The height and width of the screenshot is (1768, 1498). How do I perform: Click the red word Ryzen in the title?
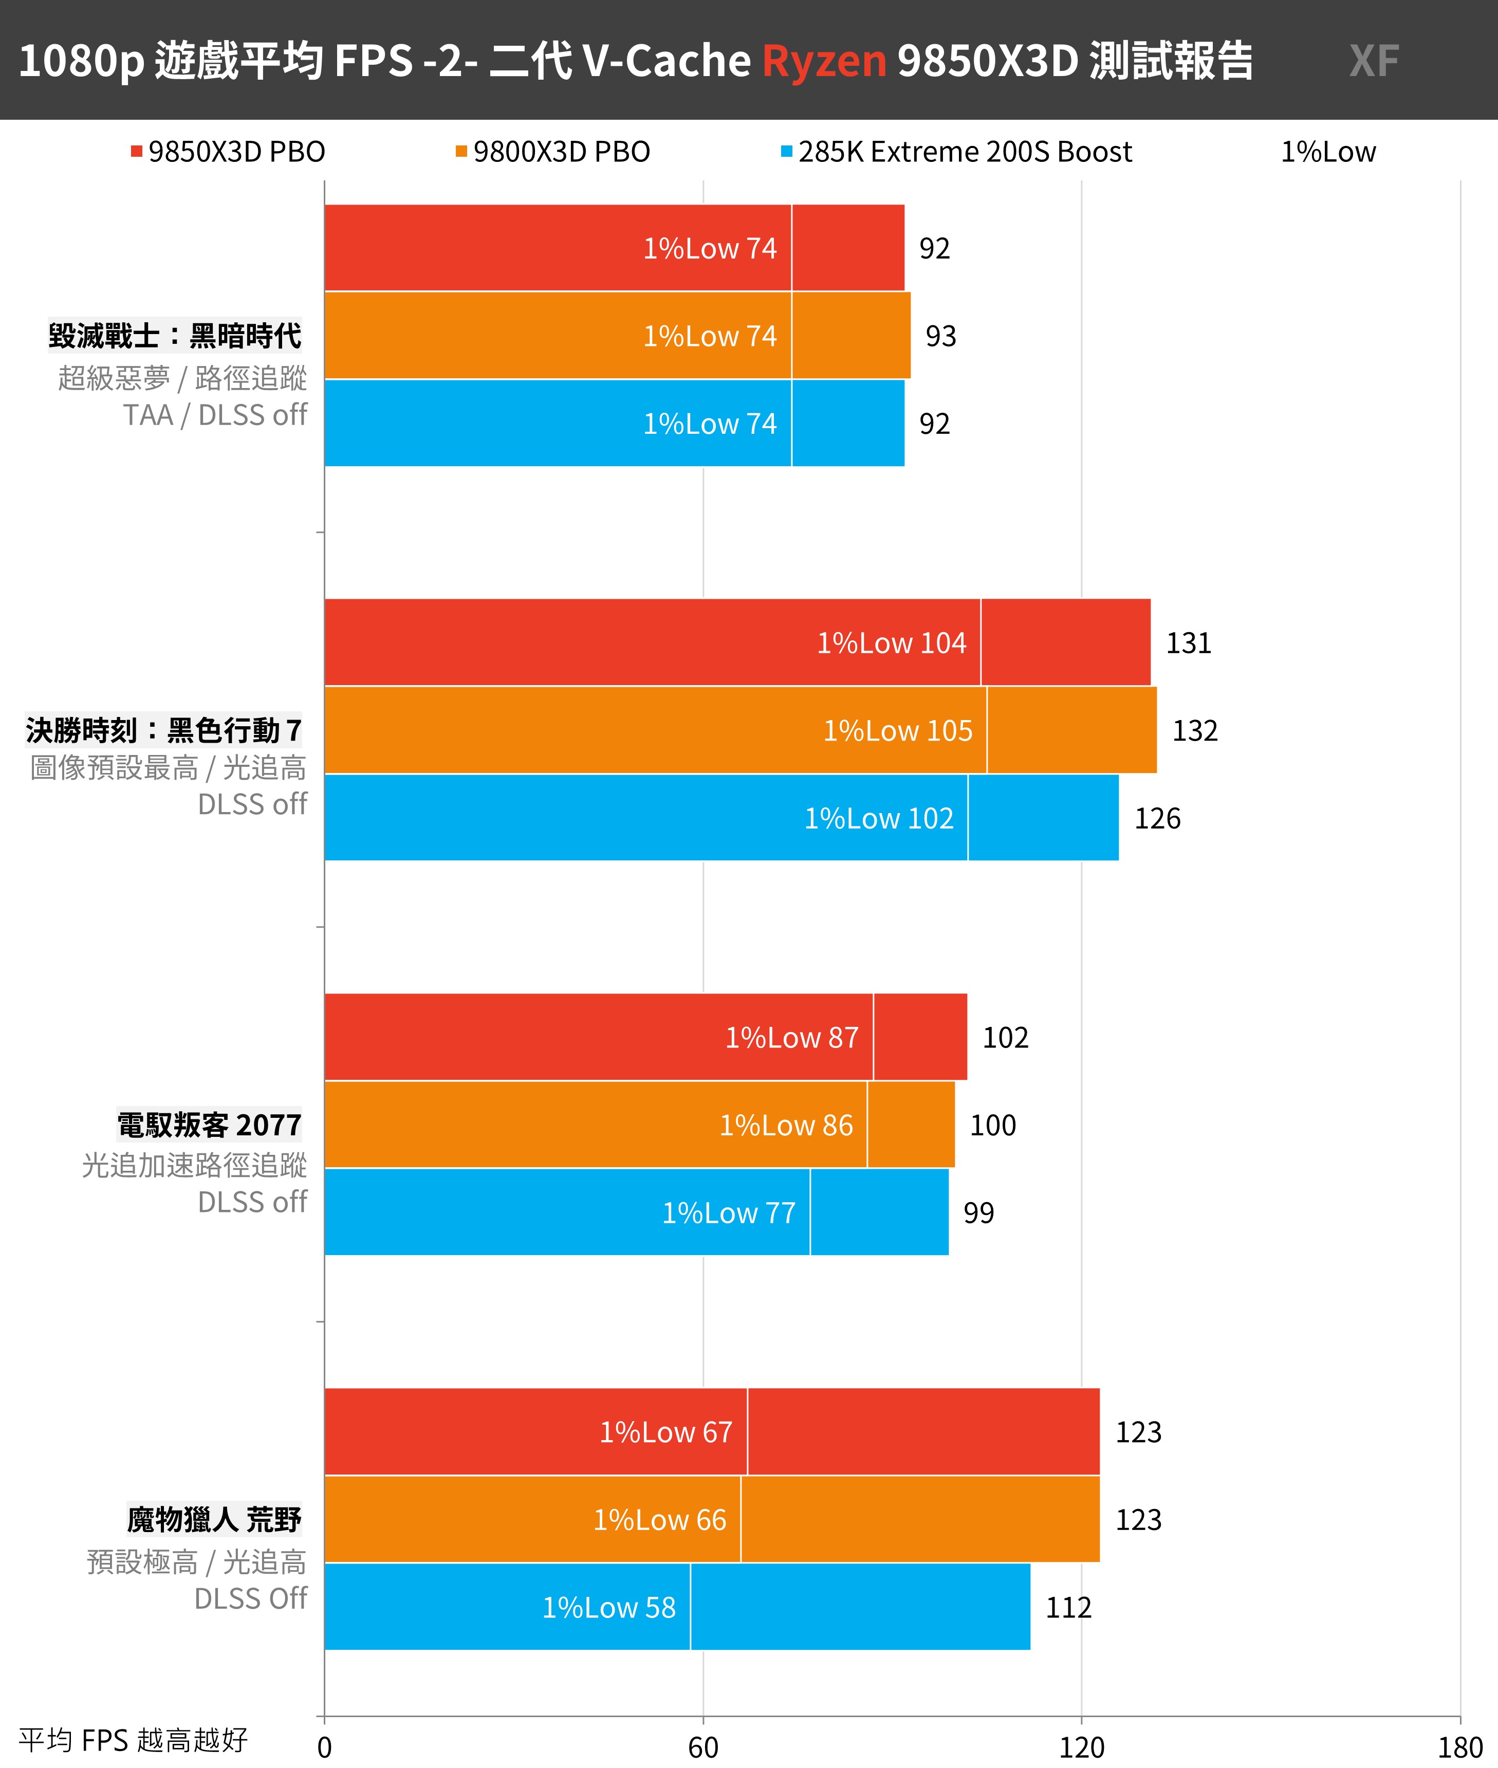point(824,61)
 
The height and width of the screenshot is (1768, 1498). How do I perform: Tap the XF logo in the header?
point(1373,61)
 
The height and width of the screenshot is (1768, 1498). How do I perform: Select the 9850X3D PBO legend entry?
point(229,152)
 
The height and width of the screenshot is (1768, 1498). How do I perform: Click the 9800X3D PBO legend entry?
point(553,152)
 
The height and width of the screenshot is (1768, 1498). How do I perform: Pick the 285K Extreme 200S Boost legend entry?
point(956,152)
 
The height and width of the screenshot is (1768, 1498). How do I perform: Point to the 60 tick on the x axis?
point(703,1747)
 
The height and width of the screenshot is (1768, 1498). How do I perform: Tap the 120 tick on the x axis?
point(1081,1747)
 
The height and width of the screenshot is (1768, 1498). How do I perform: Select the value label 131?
point(1188,643)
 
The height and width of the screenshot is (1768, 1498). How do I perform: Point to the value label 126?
point(1157,819)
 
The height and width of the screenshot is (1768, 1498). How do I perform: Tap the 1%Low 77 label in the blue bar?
point(729,1212)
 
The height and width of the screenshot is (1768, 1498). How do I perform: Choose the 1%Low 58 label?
point(609,1608)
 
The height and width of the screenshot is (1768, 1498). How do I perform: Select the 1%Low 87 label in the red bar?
point(791,1038)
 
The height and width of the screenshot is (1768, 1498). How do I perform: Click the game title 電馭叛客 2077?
point(209,1125)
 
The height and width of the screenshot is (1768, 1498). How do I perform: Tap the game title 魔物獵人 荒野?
point(214,1519)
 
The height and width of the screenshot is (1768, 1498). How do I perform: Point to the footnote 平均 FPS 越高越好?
point(133,1740)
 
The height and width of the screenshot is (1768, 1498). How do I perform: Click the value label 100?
point(993,1125)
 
